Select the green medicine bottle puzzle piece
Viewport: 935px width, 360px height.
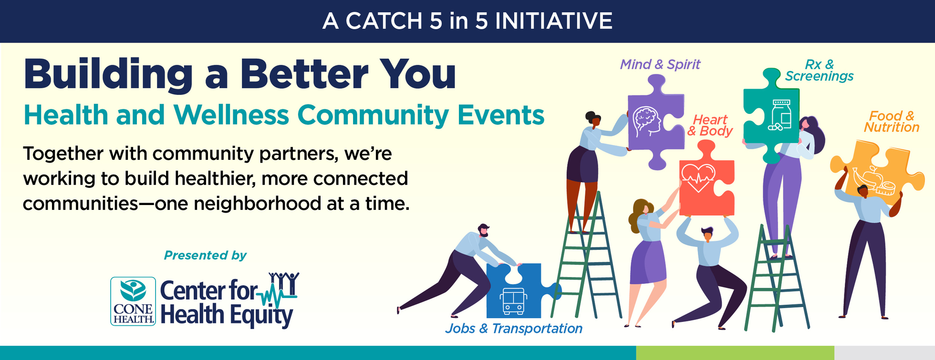pos(770,117)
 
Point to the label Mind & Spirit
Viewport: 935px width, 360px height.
pos(660,64)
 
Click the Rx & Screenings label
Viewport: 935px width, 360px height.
pos(819,71)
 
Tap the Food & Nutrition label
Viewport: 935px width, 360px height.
pos(891,122)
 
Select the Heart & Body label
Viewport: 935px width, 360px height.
pos(710,125)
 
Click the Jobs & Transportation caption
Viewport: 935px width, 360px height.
pos(514,329)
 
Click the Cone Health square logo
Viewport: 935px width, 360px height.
pos(133,301)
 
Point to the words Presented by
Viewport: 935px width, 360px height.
pos(205,256)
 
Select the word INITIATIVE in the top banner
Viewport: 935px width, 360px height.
pos(554,21)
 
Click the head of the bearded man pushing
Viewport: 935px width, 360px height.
pos(483,230)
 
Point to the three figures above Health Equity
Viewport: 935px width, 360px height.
pos(284,283)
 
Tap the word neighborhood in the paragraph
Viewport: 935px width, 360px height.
pos(257,204)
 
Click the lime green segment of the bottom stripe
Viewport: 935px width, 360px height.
pos(735,353)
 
